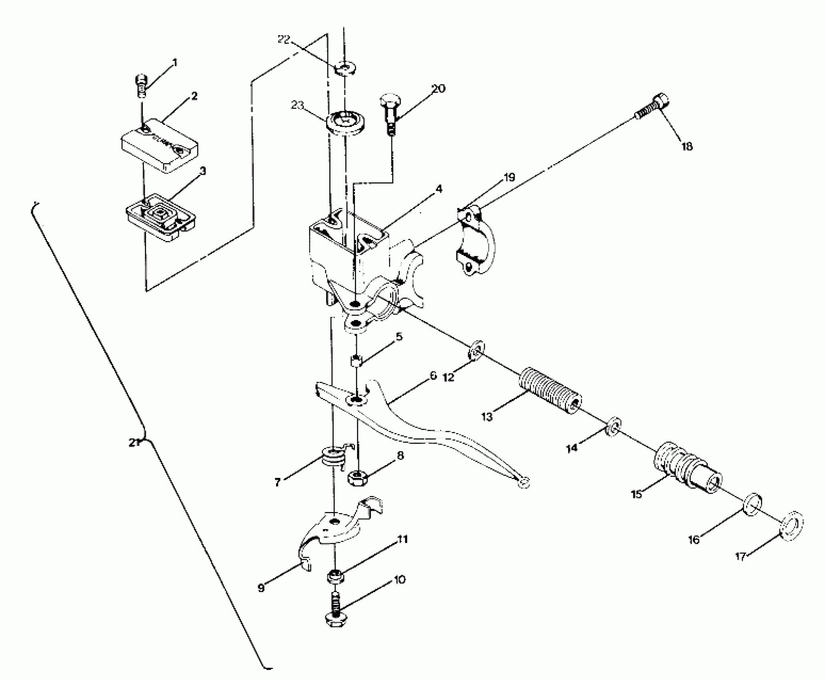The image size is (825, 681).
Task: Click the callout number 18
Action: point(687,147)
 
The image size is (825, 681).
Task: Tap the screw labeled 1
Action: point(141,85)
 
